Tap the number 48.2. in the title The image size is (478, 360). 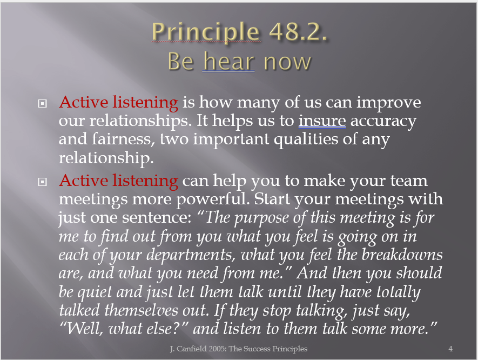click(298, 31)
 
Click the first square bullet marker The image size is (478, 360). click(42, 104)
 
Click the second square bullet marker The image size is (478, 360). click(42, 182)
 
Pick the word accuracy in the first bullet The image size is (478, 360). click(383, 122)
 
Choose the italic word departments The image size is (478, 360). click(191, 255)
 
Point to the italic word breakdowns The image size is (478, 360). click(402, 255)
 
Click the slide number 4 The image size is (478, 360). click(450, 349)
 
